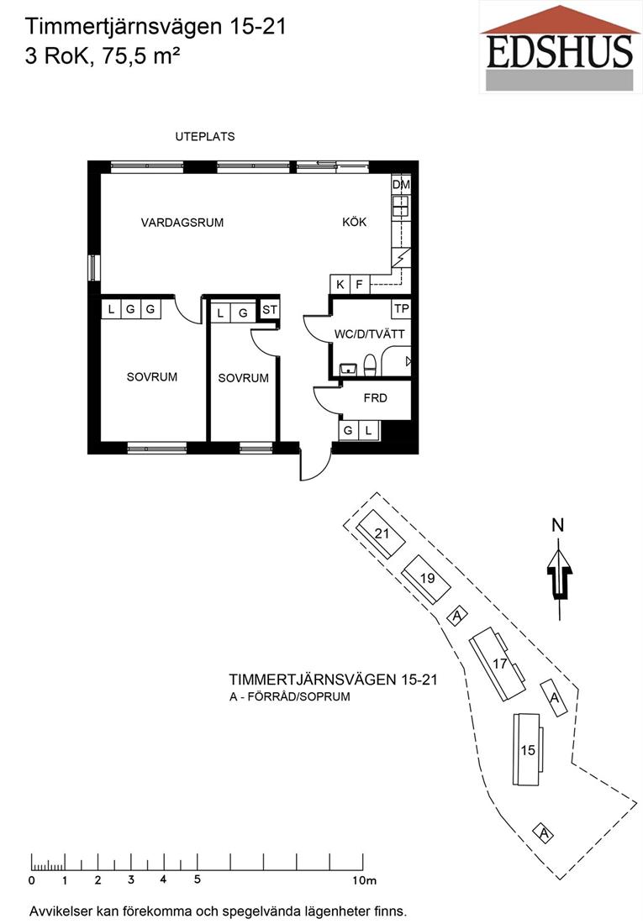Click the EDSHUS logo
[559, 48]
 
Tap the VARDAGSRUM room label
[182, 223]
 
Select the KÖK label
[355, 222]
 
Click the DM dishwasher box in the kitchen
[401, 185]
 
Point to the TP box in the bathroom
[401, 308]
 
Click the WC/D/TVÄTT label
[370, 334]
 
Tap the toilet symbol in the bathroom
[371, 365]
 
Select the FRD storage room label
[375, 398]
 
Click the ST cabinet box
[270, 310]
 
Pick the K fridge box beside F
[340, 285]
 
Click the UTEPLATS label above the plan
[205, 137]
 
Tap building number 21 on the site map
[382, 533]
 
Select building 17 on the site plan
[499, 664]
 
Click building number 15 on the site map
[528, 750]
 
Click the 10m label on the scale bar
[364, 881]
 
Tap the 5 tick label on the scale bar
[197, 879]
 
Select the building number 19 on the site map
[427, 578]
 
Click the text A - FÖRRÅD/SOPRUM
[290, 696]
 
